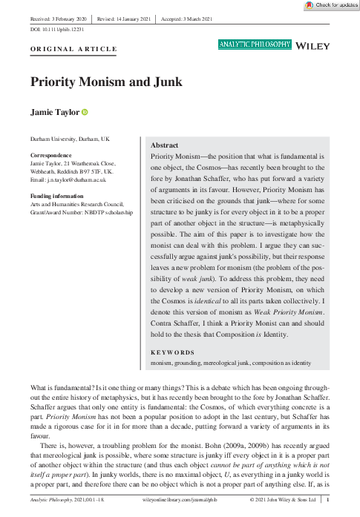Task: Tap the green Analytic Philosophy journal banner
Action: click(x=255, y=45)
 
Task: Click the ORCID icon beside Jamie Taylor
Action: click(x=85, y=112)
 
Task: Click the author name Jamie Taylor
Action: click(x=54, y=112)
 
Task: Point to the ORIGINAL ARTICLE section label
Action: click(x=73, y=49)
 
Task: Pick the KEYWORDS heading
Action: click(x=172, y=352)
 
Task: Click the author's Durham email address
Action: click(x=70, y=180)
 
